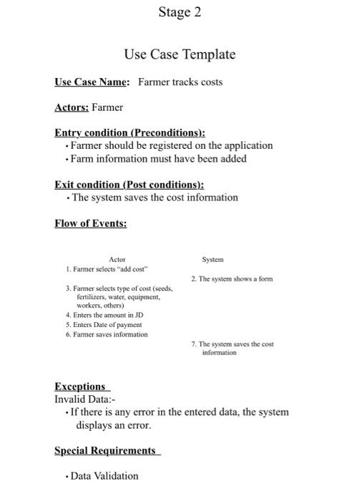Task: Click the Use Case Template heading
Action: pos(180,54)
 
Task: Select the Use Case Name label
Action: pos(92,82)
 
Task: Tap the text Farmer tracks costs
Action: pos(180,82)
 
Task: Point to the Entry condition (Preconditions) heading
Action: pos(130,132)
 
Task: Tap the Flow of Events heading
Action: pos(91,223)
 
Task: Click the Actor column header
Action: pos(117,259)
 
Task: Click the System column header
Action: pos(213,259)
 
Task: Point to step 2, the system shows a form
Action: pos(232,278)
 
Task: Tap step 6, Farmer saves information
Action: pos(107,334)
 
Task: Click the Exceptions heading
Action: pos(80,386)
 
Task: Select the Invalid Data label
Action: pos(84,399)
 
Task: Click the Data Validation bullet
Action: pos(104,476)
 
